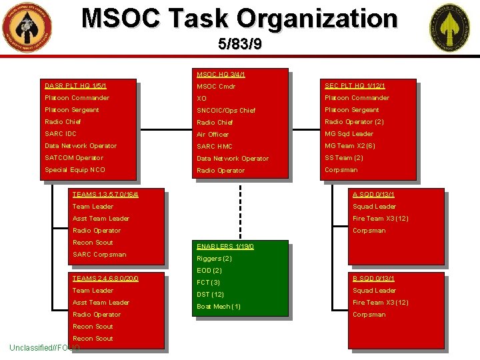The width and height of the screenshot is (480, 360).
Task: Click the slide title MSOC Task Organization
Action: point(239,19)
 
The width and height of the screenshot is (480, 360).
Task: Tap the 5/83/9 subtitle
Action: point(239,45)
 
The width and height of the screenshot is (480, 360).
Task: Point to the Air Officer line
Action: point(213,135)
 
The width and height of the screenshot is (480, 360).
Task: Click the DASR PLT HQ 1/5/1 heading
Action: point(75,86)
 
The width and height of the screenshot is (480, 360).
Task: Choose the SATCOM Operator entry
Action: point(74,158)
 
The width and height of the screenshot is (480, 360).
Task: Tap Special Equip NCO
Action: point(75,170)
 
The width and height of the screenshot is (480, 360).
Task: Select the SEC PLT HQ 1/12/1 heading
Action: point(355,86)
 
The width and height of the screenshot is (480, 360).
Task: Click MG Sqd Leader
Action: point(349,134)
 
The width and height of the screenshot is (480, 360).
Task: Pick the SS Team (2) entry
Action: point(343,158)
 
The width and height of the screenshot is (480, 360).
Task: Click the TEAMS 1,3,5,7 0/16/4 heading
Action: point(109,195)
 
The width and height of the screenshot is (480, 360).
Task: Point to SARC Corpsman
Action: point(99,255)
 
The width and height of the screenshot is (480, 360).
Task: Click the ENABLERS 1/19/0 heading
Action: point(225,247)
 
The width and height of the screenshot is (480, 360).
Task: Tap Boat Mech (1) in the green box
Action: point(219,307)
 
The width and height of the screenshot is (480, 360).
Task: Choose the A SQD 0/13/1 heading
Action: point(373,195)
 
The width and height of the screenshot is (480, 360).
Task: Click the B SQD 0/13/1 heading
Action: point(373,279)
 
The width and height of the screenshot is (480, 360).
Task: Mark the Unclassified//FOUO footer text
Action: point(45,348)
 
